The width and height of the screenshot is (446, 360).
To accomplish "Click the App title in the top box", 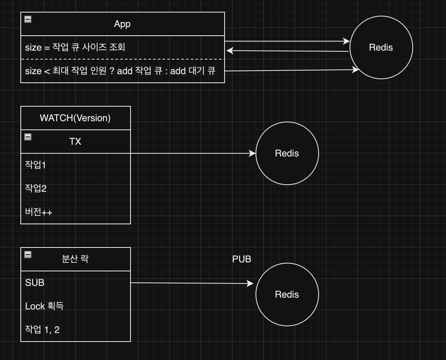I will (122, 24).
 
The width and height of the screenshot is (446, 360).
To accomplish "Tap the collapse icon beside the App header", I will (28, 19).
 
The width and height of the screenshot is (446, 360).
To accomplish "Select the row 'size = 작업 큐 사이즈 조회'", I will (75, 47).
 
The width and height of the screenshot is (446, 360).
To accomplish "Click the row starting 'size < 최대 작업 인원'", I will (120, 71).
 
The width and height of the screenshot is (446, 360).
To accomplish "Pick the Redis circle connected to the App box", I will (381, 47).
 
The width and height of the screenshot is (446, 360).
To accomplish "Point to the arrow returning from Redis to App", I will (287, 51).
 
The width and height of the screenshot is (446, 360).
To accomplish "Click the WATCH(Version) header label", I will (75, 118).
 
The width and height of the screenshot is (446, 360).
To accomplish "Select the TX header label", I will (75, 142).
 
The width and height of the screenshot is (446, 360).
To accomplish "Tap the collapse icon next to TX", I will (28, 137).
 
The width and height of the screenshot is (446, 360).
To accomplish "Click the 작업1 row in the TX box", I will (36, 165).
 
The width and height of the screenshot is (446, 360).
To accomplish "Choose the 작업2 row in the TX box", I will (36, 189).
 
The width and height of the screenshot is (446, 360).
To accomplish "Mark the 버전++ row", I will (39, 212).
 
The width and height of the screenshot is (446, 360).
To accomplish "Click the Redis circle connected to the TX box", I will (287, 153).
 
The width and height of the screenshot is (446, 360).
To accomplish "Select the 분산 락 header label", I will (75, 259).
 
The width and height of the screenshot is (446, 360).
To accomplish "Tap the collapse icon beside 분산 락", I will (28, 255).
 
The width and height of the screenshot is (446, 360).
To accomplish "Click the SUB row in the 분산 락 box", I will (35, 283).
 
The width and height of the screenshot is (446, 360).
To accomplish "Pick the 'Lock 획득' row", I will (44, 306).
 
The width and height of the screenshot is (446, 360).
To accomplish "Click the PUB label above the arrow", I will (241, 259).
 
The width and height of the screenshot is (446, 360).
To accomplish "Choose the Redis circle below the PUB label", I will (287, 295).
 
